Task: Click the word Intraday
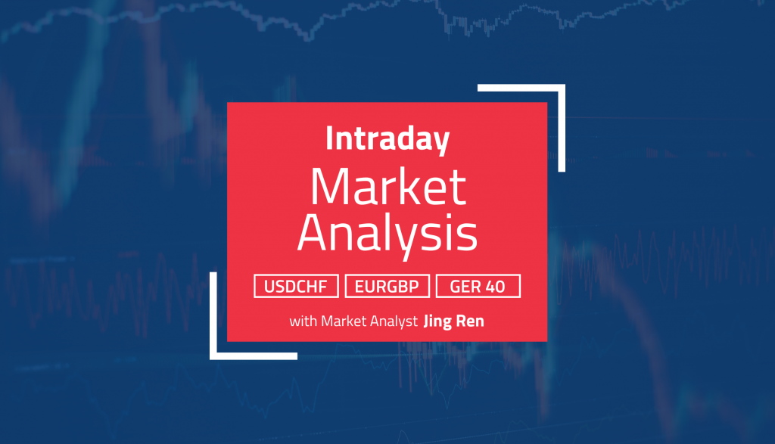tap(387, 140)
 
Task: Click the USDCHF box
tap(297, 287)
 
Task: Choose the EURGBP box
tap(387, 287)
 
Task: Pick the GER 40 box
tap(478, 287)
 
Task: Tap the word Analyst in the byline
tap(394, 321)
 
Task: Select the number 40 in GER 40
tap(503, 287)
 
